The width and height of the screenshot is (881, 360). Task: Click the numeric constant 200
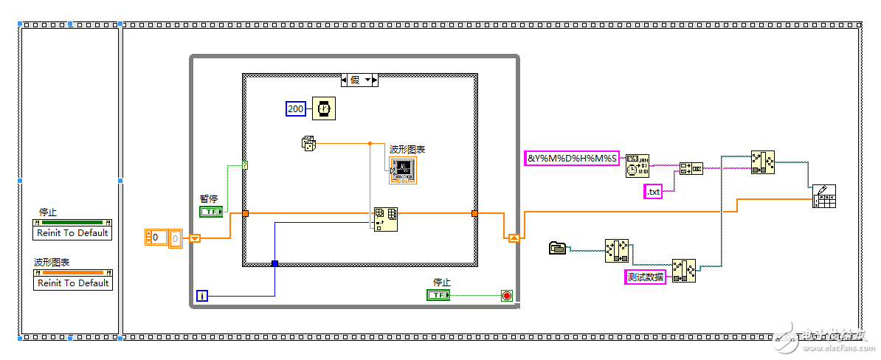[x=295, y=109]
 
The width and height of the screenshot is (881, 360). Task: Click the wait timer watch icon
[x=322, y=108]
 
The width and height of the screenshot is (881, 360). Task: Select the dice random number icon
[x=309, y=143]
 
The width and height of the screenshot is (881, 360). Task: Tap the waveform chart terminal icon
[x=404, y=170]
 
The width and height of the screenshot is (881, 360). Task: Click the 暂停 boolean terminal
[x=211, y=212]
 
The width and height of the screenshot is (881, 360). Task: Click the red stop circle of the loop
[x=506, y=296]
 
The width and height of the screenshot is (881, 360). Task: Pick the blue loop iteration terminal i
[x=203, y=296]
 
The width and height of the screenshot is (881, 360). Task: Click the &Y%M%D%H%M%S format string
[x=572, y=158]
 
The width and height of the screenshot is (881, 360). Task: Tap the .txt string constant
[x=653, y=192]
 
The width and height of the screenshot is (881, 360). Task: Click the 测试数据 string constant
[x=645, y=277]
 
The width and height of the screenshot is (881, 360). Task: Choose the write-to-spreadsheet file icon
[x=823, y=196]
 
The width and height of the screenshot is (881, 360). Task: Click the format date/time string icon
[x=637, y=165]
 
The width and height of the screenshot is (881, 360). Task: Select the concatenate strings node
[x=691, y=167]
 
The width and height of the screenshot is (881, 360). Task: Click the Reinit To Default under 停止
[x=73, y=233]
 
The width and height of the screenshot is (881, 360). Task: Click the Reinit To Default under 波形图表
[x=73, y=283]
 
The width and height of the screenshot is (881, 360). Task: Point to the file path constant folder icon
[x=558, y=249]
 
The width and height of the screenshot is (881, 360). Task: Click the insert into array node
[x=386, y=218]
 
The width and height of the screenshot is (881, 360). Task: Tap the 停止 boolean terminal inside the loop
[x=438, y=295]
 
